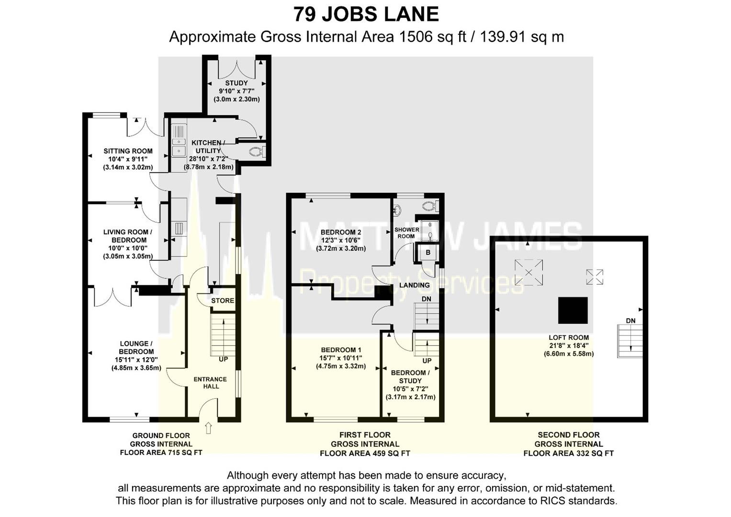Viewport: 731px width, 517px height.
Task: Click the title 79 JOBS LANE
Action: point(366,14)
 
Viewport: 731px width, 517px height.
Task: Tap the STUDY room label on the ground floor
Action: point(236,83)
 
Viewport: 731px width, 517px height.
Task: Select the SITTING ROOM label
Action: point(128,151)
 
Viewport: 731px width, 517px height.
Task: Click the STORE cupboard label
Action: point(223,301)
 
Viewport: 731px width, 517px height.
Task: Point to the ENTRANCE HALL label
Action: point(211,382)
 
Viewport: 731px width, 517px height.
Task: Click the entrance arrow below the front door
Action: point(208,428)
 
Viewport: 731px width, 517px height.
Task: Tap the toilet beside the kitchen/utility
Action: point(258,152)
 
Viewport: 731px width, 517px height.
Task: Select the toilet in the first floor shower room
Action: point(430,206)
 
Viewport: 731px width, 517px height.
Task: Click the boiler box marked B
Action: point(428,253)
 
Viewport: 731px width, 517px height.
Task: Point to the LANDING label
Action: point(415,285)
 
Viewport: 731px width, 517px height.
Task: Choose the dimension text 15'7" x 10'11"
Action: point(341,358)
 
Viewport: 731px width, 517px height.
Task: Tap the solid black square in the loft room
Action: point(573,310)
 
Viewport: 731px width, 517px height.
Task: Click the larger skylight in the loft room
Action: point(529,272)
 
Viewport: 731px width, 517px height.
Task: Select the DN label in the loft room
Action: point(630,321)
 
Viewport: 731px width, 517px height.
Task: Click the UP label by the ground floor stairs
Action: point(223,360)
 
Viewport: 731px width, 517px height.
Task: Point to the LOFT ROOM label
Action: point(569,338)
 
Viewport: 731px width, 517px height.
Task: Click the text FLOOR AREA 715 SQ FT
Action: point(161,453)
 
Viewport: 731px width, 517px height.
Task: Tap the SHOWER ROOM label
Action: point(406,233)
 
